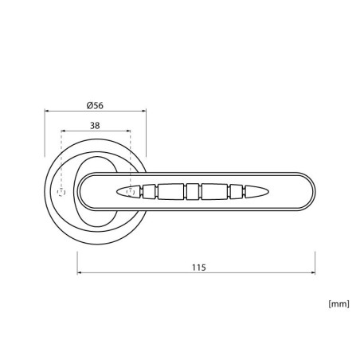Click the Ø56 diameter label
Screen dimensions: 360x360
[95, 105]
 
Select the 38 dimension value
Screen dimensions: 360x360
[95, 125]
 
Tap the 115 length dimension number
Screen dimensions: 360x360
[199, 268]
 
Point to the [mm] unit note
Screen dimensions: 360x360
[338, 303]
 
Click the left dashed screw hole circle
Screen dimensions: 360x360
[61, 192]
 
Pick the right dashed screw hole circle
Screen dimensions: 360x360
[131, 191]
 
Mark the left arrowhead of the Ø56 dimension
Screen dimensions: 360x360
[46, 111]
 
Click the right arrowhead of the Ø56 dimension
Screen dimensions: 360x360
[144, 111]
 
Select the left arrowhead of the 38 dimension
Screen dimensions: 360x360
[63, 131]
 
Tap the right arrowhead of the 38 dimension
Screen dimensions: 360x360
[128, 131]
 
